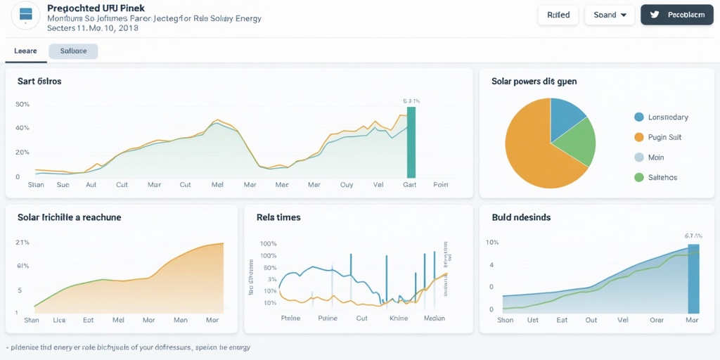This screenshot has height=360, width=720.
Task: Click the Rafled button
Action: [558, 15]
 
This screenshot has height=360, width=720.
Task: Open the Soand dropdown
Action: [609, 15]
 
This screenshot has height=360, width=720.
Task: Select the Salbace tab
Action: [73, 51]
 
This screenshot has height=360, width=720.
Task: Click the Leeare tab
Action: [25, 51]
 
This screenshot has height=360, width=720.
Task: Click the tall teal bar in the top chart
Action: [411, 142]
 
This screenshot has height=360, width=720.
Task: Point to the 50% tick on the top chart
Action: [22, 105]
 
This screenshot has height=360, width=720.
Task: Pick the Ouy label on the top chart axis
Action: [347, 185]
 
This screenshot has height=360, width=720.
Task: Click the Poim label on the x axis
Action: [441, 185]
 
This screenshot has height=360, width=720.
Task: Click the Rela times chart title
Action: [278, 217]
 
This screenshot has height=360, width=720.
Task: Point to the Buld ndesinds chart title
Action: [521, 217]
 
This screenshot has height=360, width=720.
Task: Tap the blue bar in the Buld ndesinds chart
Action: [693, 278]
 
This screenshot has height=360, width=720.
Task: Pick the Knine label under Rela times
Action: [399, 319]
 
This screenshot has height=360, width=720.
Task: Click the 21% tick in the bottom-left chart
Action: [22, 243]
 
